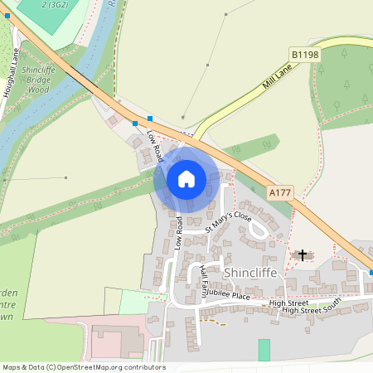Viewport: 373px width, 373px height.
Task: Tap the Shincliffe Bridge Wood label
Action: click(39, 80)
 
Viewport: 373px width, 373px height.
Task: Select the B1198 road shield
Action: click(305, 55)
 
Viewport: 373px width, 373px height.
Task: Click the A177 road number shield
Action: click(280, 192)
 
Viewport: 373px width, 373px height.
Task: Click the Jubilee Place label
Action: click(229, 294)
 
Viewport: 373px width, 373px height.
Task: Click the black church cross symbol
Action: click(303, 254)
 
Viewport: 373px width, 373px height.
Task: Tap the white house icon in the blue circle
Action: click(186, 179)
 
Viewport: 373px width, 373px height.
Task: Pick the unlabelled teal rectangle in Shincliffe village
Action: click(264, 350)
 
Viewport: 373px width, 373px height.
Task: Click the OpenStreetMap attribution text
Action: click(84, 366)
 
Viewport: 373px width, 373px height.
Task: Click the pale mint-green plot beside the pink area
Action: click(133, 302)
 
